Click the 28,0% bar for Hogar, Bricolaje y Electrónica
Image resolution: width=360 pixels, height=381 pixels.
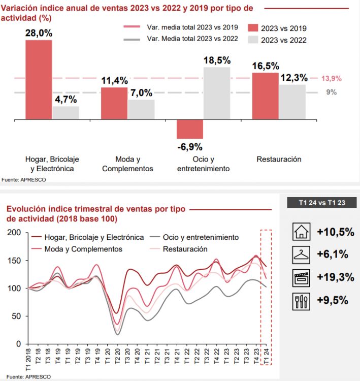39,79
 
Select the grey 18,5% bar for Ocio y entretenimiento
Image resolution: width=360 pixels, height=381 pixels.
217,93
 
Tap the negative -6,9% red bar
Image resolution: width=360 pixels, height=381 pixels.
190,129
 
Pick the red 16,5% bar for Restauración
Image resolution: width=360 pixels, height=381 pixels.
265,96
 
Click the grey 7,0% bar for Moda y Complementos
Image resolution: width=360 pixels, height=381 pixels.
141,109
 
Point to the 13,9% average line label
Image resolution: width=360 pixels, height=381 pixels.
332,78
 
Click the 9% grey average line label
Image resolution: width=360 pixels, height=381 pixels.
331,92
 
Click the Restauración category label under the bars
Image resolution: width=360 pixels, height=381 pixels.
279,159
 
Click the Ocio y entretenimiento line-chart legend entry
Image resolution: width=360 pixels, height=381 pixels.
201,237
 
